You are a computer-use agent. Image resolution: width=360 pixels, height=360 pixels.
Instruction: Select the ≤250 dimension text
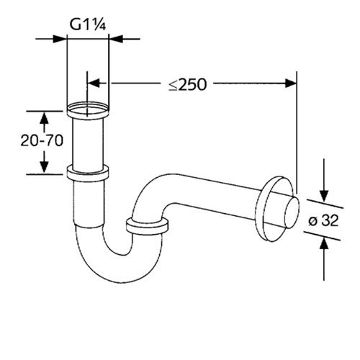click(x=188, y=84)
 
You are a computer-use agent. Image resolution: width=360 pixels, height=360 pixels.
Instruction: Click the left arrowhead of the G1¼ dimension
click(x=62, y=39)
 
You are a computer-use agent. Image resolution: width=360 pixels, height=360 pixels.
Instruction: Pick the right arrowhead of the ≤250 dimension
click(x=292, y=84)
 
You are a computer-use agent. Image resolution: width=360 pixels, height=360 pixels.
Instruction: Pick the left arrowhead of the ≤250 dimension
click(x=93, y=84)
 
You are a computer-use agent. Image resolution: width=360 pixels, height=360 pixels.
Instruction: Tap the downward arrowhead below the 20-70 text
click(x=44, y=168)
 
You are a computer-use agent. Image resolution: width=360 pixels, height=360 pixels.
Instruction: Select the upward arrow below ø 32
click(x=323, y=245)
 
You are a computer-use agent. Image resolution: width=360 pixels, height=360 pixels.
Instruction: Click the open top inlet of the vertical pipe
click(x=87, y=111)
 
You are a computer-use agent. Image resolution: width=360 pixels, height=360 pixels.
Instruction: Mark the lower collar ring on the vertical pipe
click(x=87, y=173)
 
